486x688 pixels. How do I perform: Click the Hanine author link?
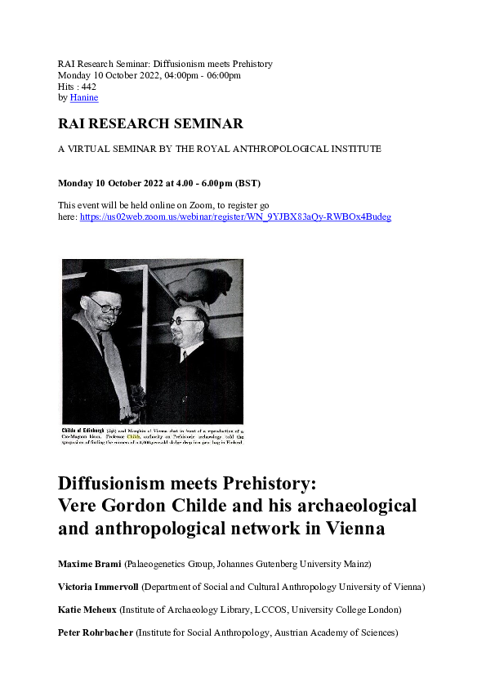coord(84,98)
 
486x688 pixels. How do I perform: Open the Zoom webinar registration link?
coord(235,217)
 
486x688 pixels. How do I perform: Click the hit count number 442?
coord(88,87)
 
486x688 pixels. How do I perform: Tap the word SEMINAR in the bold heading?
coord(204,124)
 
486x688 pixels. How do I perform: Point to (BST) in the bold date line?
coord(247,183)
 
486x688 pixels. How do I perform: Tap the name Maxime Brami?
coord(90,565)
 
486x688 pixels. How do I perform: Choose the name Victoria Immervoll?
coord(98,587)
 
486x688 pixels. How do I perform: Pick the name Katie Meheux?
coord(87,610)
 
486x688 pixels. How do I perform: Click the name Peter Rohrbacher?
coord(96,632)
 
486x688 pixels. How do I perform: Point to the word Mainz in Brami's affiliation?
coord(356,565)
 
